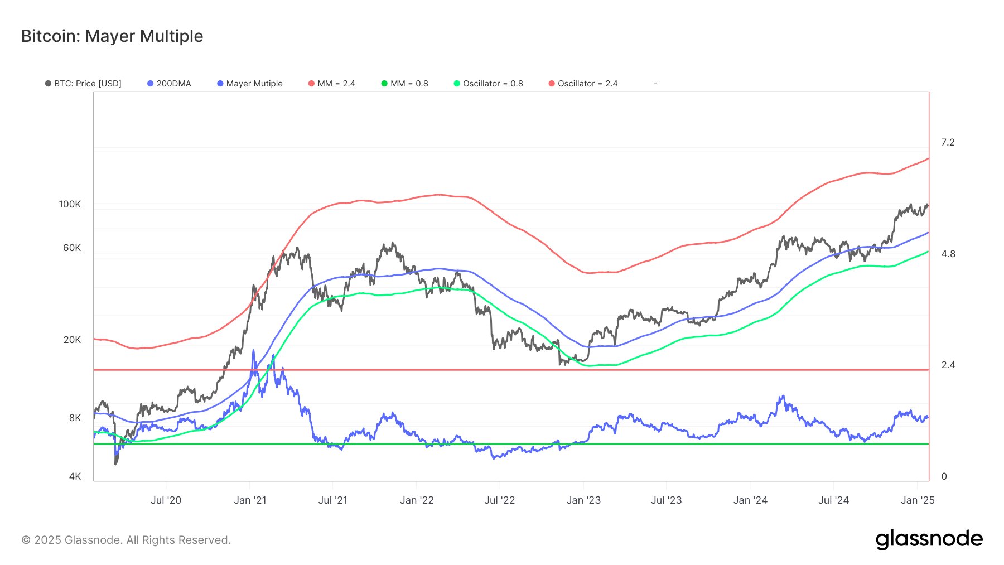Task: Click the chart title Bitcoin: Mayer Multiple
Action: pos(112,36)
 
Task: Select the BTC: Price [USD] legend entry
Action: pos(84,84)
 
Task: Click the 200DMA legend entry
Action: pos(170,84)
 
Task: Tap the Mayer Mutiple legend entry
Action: pos(250,84)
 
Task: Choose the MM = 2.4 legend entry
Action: pos(332,84)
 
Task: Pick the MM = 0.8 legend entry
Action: pos(405,84)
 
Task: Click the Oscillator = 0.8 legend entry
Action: pos(489,84)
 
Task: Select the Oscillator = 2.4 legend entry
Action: pos(583,84)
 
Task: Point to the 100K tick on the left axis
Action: pos(70,205)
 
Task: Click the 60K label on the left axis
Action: pos(72,248)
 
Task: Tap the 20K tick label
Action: pos(72,340)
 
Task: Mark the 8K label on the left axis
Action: pos(75,418)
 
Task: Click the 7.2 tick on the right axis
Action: pos(948,143)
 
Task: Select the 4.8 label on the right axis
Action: pos(948,254)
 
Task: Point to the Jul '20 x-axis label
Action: pos(166,500)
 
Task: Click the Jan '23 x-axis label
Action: pos(583,500)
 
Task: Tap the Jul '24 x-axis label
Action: pos(833,500)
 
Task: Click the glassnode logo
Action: pos(929,539)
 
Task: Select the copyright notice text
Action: pos(126,540)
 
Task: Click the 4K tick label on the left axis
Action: pos(75,476)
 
